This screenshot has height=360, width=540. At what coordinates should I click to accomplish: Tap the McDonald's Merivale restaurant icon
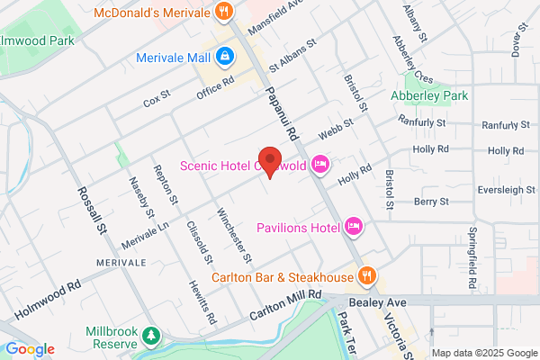[224, 12]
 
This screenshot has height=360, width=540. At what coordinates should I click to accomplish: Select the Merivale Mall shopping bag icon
[224, 57]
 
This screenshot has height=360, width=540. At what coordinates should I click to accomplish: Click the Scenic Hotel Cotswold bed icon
[319, 164]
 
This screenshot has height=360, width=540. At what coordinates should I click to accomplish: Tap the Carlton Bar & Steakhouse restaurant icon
[366, 275]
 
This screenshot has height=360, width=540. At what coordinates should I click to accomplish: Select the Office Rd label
[215, 86]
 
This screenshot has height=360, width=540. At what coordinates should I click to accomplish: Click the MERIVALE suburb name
[121, 262]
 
